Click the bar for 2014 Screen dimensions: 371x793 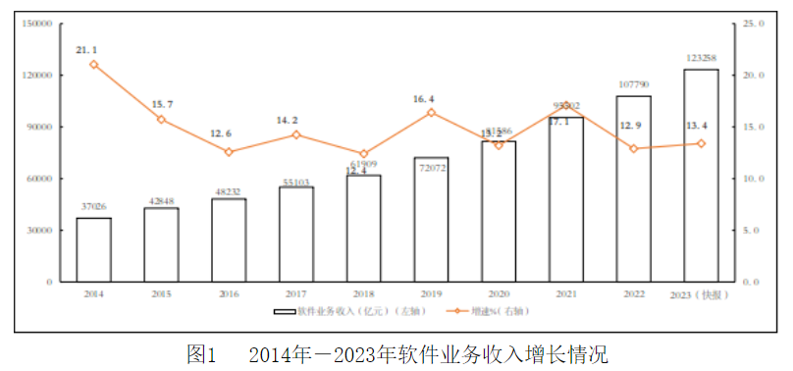click(93, 249)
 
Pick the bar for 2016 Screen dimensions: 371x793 click(229, 239)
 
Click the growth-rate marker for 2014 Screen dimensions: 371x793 click(93, 64)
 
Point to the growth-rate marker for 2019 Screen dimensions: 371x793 click(431, 112)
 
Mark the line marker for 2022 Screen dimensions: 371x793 click(633, 148)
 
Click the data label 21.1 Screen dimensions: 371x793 click(86, 48)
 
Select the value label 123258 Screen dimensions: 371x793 click(701, 59)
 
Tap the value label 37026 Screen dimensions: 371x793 click(93, 207)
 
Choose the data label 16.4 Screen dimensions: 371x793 click(424, 98)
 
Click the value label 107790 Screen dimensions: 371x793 click(633, 85)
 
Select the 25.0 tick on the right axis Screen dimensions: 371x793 click(754, 23)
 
